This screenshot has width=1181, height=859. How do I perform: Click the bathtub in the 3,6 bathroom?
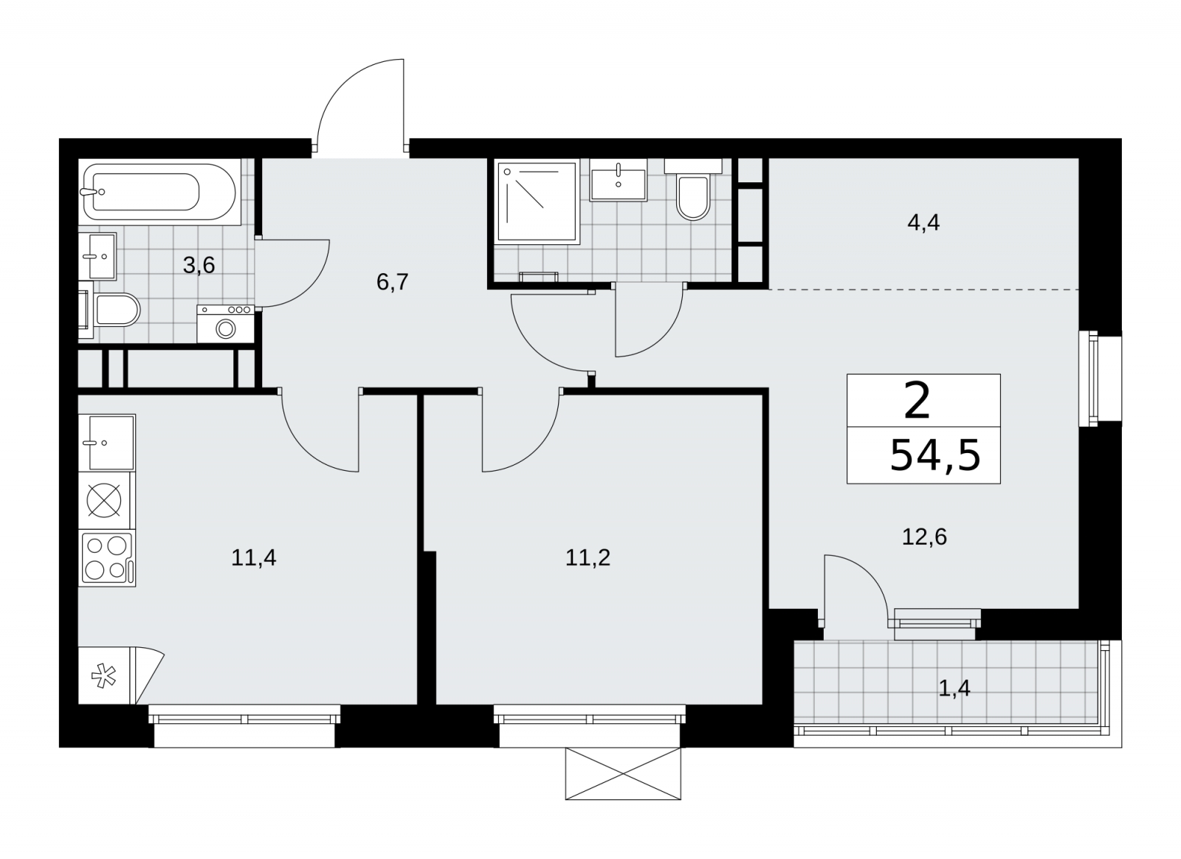(159, 191)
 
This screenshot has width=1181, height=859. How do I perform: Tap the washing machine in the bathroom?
(226, 323)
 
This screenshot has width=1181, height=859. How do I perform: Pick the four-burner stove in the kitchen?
(107, 558)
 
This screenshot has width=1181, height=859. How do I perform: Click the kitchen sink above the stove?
(107, 443)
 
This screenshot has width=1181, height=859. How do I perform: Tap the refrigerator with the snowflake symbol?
(121, 675)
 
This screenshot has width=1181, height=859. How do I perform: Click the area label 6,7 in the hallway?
(392, 283)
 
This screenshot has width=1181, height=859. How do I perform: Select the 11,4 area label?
(254, 558)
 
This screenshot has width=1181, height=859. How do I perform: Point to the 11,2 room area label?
(588, 558)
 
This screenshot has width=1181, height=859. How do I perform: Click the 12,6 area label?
(924, 537)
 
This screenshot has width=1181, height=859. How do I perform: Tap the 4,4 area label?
(923, 223)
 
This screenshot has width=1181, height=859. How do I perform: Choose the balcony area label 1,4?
(954, 689)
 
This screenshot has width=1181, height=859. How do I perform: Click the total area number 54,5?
(935, 455)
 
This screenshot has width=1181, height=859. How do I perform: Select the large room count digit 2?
(917, 402)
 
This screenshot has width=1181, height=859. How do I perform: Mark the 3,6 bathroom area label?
(199, 265)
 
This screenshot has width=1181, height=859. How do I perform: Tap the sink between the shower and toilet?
(619, 180)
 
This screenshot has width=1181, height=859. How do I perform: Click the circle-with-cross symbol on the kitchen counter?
(104, 500)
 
